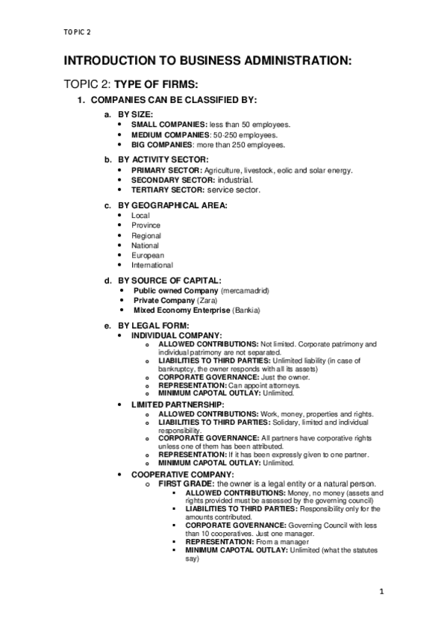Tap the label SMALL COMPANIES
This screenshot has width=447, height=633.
click(169, 124)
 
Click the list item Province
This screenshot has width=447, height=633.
click(146, 225)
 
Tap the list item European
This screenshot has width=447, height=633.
click(147, 255)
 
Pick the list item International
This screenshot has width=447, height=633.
click(152, 265)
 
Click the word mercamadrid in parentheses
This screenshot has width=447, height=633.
click(246, 290)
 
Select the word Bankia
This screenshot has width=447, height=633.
click(245, 309)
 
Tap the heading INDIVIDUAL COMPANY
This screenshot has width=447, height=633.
click(176, 335)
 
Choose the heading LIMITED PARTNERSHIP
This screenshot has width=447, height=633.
click(178, 405)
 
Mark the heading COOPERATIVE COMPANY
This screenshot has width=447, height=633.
click(182, 474)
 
